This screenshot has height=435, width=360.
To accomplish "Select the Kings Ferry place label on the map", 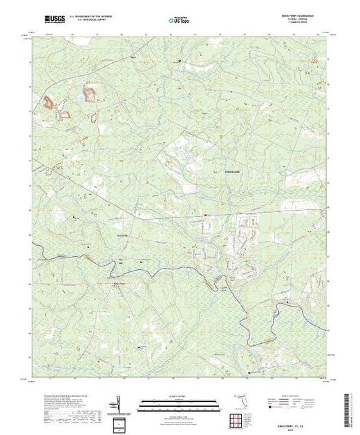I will point(119,282).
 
